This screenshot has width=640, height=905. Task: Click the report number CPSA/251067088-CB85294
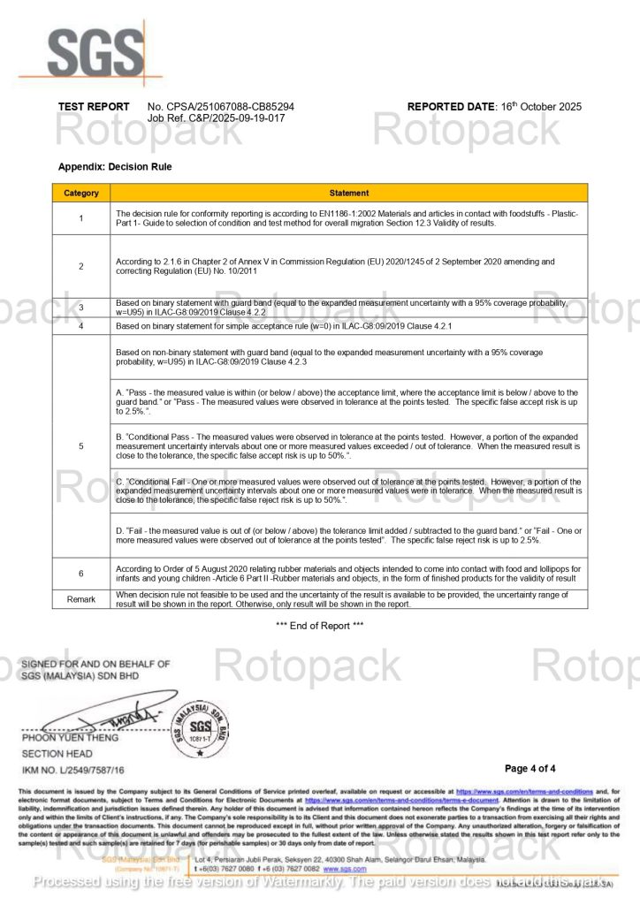tap(221, 107)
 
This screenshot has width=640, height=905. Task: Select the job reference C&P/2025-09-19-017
tap(216, 118)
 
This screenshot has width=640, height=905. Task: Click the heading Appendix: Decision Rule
tap(115, 166)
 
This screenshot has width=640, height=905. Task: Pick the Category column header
tap(81, 193)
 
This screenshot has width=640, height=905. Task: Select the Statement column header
tap(348, 193)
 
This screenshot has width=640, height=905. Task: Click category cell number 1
tap(81, 218)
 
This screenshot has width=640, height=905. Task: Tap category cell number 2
tap(81, 266)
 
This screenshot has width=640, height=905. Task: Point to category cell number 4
tap(81, 326)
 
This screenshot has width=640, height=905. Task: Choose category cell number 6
tap(81, 574)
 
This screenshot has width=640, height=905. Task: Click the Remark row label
tap(81, 599)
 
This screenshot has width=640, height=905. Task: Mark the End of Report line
tap(319, 626)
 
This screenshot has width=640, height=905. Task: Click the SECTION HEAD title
tap(57, 754)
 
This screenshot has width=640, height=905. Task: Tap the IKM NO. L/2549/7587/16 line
tap(73, 771)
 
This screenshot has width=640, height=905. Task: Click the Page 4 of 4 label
tap(530, 768)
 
